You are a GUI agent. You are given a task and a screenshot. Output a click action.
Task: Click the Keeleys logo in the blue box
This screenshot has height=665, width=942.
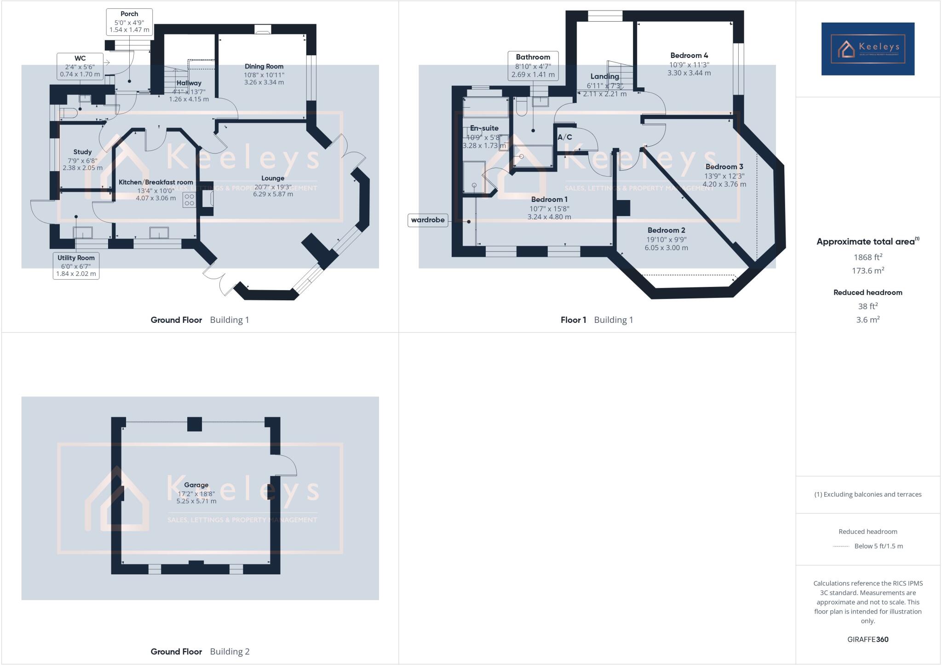pos(867,49)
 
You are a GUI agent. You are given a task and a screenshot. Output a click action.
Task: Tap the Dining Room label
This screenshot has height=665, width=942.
pos(264,66)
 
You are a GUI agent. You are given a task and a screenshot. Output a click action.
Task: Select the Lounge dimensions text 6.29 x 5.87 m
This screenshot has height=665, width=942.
pos(273,194)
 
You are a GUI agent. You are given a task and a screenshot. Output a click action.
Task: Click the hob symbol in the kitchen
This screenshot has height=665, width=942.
pos(189,200)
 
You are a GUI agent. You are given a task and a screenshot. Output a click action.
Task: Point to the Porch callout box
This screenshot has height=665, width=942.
pos(129,22)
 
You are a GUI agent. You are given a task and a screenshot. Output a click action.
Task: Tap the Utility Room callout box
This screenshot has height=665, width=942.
pos(76,265)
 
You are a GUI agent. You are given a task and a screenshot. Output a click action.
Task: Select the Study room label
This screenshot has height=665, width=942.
pos(82,152)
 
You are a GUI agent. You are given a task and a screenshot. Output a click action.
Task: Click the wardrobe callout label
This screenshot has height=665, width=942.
pos(428,220)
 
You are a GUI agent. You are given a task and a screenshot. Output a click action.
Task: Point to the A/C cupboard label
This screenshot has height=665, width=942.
pos(565,137)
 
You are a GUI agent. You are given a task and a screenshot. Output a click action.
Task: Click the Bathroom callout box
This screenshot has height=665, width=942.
pos(533,65)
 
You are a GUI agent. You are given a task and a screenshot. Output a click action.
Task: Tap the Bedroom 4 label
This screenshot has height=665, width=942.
pos(689,56)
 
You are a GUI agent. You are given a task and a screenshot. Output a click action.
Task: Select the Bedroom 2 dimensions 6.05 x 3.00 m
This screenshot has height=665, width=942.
pos(666,248)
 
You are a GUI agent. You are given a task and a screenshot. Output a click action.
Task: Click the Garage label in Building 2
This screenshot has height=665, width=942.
pos(196,485)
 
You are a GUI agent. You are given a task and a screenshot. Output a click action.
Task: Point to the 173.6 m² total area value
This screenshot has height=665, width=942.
pos(867,271)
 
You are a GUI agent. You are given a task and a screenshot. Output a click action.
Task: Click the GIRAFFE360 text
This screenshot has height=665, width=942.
pos(867,639)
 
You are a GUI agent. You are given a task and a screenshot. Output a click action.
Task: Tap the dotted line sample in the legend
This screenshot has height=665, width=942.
pos(841,546)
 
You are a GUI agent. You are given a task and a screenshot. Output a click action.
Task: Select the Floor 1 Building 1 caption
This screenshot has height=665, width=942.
pos(597,320)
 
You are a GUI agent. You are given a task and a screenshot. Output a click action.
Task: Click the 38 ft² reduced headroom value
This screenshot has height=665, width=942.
pos(867,306)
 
